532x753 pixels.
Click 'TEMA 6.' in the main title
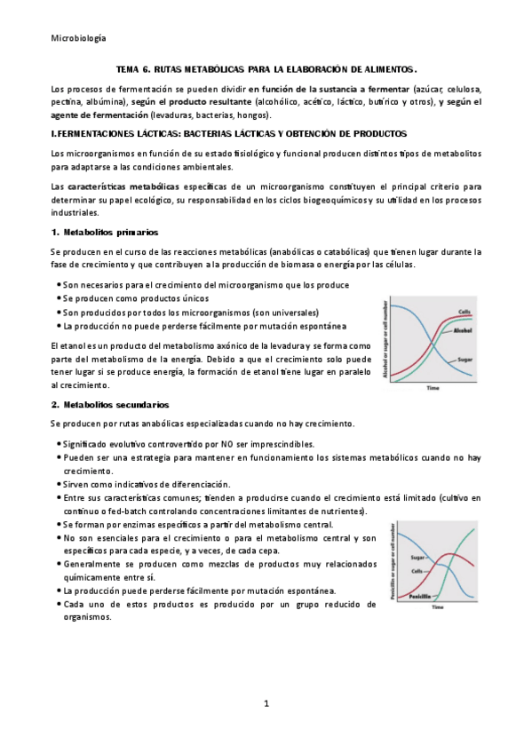coord(134,68)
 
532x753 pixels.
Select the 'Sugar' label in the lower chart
coord(419,557)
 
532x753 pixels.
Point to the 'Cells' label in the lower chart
coord(417,570)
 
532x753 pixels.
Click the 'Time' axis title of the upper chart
coord(433,388)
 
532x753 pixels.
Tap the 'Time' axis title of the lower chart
coord(437,608)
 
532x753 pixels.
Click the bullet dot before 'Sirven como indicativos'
coord(59,484)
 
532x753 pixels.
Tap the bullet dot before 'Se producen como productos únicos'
coord(59,299)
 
